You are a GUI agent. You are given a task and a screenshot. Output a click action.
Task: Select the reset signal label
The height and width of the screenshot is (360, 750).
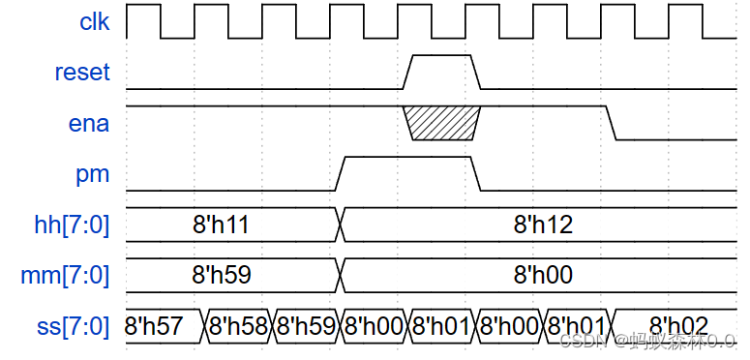tap(82, 73)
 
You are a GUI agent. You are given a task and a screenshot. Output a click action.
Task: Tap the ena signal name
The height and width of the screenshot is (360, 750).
tap(90, 123)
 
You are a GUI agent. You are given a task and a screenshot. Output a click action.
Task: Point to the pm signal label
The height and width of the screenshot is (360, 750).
tap(93, 174)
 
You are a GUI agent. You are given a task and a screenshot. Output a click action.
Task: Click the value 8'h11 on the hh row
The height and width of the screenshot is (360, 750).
tap(222, 225)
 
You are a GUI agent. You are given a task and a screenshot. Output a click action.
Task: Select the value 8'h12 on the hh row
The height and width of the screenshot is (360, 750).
tap(543, 225)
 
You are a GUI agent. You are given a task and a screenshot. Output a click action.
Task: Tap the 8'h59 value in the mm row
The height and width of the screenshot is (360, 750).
tap(222, 276)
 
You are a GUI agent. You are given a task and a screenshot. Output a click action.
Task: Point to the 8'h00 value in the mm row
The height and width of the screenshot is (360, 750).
tap(543, 276)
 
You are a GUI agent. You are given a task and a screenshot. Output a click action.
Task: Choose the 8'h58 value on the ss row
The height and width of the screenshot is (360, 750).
tap(237, 326)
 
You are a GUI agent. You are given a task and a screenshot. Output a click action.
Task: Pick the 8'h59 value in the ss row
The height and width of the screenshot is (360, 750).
tap(305, 326)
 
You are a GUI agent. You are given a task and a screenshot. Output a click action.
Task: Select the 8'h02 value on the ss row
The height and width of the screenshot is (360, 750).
tap(677, 325)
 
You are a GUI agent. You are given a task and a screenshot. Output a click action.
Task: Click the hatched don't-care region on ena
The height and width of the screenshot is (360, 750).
tap(441, 123)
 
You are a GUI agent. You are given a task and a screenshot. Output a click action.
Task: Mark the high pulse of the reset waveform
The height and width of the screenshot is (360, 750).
tap(441, 57)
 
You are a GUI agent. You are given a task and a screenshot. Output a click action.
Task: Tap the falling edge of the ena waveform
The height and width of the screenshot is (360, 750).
tap(612, 123)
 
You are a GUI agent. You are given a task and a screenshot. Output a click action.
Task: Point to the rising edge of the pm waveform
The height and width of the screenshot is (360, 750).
tap(340, 173)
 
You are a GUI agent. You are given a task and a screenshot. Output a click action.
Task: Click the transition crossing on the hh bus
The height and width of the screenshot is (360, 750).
tap(341, 225)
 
